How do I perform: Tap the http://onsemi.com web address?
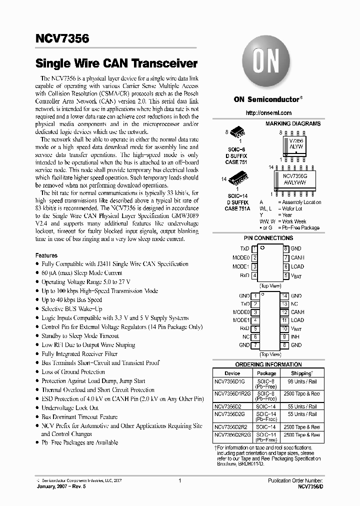tap(269, 113)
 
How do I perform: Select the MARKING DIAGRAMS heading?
tap(293, 123)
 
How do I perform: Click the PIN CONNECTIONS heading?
tap(268, 238)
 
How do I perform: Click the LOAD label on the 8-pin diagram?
tap(297, 266)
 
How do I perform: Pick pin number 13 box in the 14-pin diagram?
tap(284, 304)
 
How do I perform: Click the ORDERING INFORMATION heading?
tap(268, 364)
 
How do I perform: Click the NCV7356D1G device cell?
tap(229, 382)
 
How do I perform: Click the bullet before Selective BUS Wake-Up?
tap(37, 309)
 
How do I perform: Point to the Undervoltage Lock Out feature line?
tap(70, 407)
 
